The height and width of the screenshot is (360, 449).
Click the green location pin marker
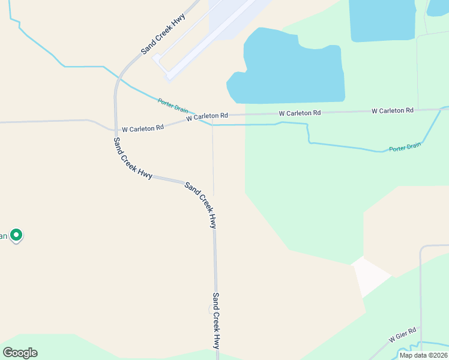tap(17, 235)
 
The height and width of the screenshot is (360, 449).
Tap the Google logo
tap(20, 352)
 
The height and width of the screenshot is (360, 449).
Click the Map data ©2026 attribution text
tap(423, 355)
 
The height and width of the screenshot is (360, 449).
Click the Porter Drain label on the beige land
tap(173, 106)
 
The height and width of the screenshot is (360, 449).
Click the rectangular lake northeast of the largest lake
tap(382, 20)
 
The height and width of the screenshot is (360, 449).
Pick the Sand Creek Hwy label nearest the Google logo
tap(216, 321)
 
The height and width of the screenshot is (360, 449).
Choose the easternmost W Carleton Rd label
tap(393, 111)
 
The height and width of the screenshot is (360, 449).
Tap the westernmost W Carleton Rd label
tap(143, 128)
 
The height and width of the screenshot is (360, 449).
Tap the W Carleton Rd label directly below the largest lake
tap(300, 113)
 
